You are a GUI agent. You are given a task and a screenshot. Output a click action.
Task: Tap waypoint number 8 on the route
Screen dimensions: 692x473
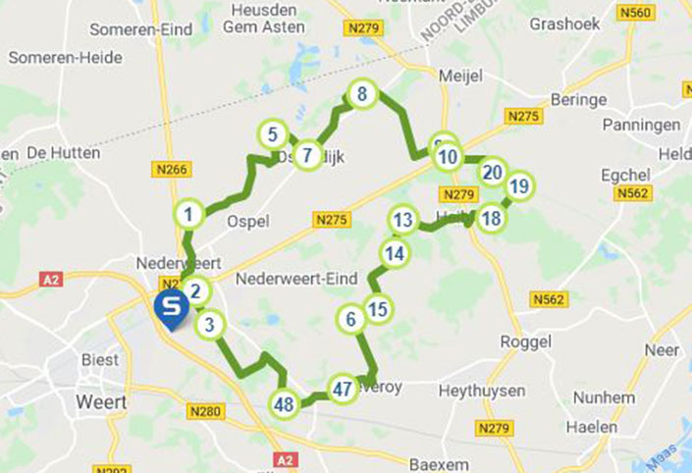pyautogui.click(x=362, y=94)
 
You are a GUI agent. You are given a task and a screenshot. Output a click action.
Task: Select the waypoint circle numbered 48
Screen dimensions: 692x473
pyautogui.click(x=285, y=403)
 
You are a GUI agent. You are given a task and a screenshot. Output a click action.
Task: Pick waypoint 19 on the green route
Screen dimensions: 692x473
pyautogui.click(x=519, y=185)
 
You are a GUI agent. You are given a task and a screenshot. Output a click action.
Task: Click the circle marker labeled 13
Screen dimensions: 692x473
pyautogui.click(x=401, y=220)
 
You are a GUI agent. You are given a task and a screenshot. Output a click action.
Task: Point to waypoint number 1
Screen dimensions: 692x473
pyautogui.click(x=188, y=212)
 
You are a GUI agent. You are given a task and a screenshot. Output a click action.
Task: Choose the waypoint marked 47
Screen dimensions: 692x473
pyautogui.click(x=342, y=389)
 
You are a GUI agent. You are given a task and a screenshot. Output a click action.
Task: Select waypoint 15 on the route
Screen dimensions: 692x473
pyautogui.click(x=379, y=309)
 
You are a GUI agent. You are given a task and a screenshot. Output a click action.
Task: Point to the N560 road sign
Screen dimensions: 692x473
pyautogui.click(x=635, y=13)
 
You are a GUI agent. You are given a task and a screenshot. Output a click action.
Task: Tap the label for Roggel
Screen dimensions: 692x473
pyautogui.click(x=525, y=342)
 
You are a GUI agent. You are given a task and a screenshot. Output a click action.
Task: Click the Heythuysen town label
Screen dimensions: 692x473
pyautogui.click(x=478, y=390)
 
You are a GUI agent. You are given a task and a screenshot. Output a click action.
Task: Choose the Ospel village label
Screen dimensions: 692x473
pyautogui.click(x=247, y=221)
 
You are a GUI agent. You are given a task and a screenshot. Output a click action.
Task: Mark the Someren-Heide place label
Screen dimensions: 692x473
pyautogui.click(x=66, y=58)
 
